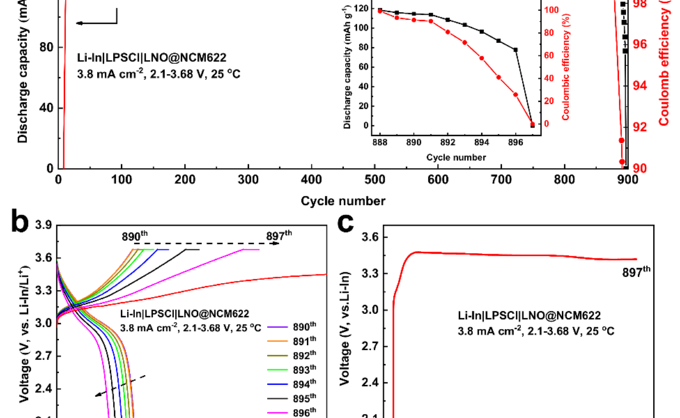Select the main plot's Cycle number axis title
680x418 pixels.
click(343, 201)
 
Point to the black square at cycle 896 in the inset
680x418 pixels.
click(516, 49)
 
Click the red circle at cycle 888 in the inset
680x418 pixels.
click(380, 11)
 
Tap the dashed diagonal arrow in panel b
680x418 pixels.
click(121, 385)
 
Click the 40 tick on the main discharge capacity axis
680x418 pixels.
click(46, 108)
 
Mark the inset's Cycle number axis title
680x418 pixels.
click(456, 157)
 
